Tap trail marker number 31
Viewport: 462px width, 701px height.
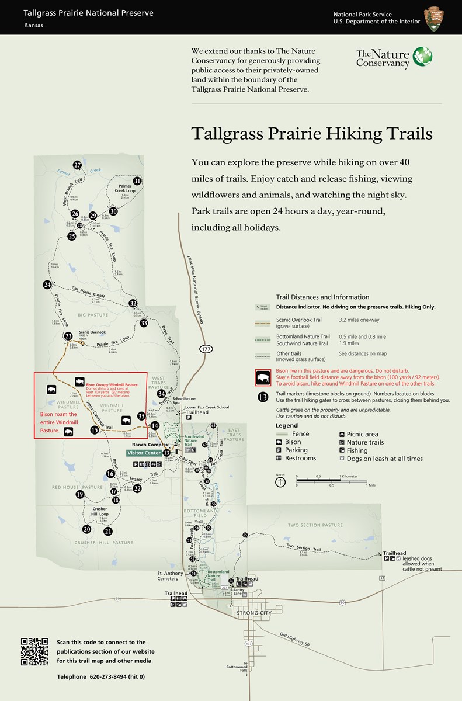click(137, 181)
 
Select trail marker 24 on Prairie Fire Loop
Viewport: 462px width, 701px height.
click(47, 284)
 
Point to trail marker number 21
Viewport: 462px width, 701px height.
click(108, 532)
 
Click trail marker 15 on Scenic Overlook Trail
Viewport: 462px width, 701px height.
click(95, 430)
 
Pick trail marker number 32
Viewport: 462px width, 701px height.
click(133, 303)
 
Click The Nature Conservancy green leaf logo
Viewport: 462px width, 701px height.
click(423, 57)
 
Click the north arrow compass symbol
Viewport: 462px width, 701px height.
click(280, 482)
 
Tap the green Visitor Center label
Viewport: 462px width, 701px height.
click(145, 453)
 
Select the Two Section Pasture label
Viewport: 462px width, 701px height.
click(315, 525)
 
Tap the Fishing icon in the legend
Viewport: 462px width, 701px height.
click(342, 451)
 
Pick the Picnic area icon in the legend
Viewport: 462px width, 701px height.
click(342, 434)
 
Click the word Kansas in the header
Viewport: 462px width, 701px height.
click(33, 25)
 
